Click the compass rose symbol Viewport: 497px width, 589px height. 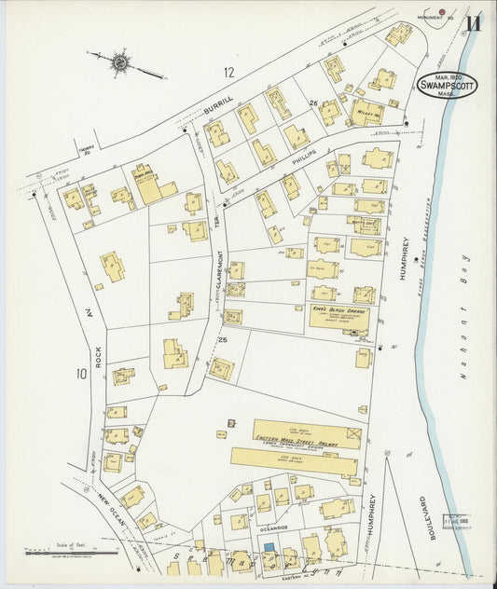pos(120,63)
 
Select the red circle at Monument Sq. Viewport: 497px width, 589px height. pos(442,12)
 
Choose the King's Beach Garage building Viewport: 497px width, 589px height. pos(339,319)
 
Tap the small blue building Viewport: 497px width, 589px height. pos(269,548)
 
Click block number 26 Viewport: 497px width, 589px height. pos(314,103)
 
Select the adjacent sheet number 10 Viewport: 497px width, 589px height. pos(81,374)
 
